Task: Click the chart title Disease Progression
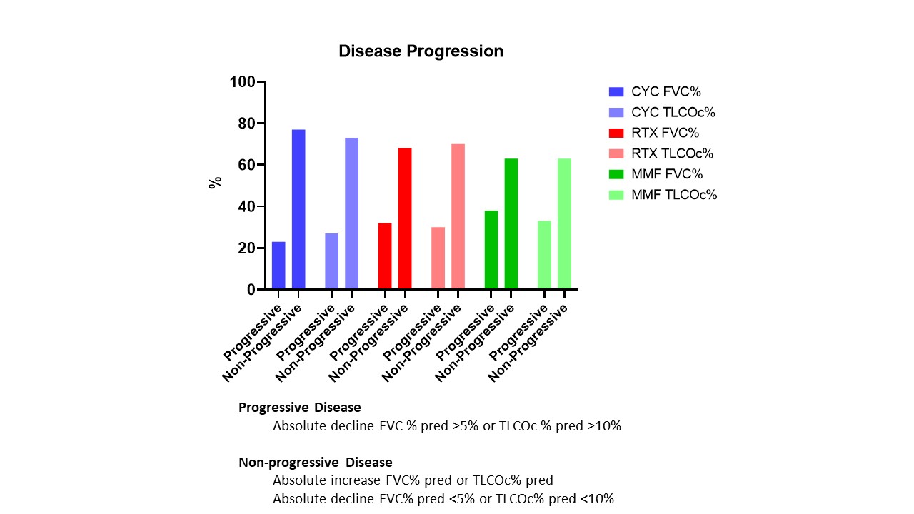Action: pyautogui.click(x=421, y=51)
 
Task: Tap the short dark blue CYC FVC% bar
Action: pyautogui.click(x=278, y=266)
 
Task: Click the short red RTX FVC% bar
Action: pyautogui.click(x=385, y=256)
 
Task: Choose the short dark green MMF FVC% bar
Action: pyautogui.click(x=491, y=250)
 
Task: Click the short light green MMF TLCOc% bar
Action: pyautogui.click(x=544, y=255)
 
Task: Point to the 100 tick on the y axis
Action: pyautogui.click(x=242, y=82)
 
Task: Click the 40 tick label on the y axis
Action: pyautogui.click(x=246, y=207)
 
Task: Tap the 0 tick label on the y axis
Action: pyautogui.click(x=251, y=290)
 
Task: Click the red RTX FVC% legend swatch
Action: pyautogui.click(x=616, y=133)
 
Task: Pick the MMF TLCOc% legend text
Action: pyautogui.click(x=674, y=195)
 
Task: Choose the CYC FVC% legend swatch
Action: pyautogui.click(x=616, y=91)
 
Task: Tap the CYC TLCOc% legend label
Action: pyautogui.click(x=673, y=112)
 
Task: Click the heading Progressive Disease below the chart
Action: pyautogui.click(x=299, y=408)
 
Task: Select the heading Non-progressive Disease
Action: pyautogui.click(x=315, y=462)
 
